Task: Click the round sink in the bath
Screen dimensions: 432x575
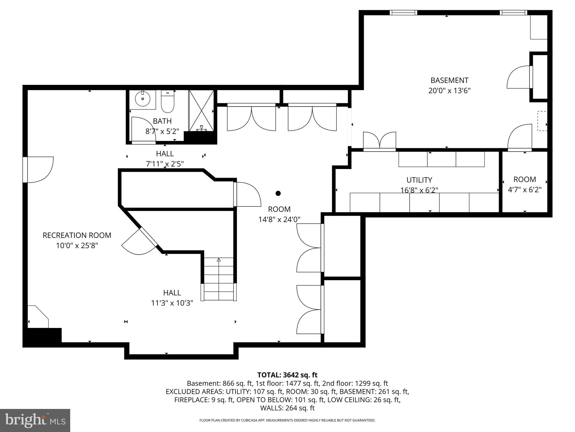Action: click(x=143, y=99)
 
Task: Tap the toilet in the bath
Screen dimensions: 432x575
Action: click(x=168, y=102)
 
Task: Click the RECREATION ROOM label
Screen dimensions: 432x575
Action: click(x=77, y=235)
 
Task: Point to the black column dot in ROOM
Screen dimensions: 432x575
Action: click(x=278, y=193)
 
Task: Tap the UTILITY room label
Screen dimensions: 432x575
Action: click(x=419, y=180)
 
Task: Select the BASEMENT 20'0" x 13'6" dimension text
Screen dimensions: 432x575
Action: click(x=449, y=91)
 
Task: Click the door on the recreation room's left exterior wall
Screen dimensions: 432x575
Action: click(x=39, y=170)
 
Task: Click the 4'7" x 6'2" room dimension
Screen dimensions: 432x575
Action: click(x=524, y=190)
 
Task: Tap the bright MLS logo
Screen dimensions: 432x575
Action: click(x=35, y=420)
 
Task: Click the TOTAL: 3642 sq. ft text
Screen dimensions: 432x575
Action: click(x=287, y=375)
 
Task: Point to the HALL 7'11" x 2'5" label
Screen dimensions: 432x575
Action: click(x=165, y=159)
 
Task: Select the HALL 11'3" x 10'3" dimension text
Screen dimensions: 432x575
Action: click(x=172, y=303)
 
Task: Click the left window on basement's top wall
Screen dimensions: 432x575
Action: click(x=403, y=13)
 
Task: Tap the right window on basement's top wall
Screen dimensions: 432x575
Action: click(x=513, y=13)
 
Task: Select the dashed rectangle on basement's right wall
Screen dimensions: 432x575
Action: click(x=542, y=121)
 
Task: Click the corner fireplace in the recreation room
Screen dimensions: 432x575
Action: click(x=38, y=318)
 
